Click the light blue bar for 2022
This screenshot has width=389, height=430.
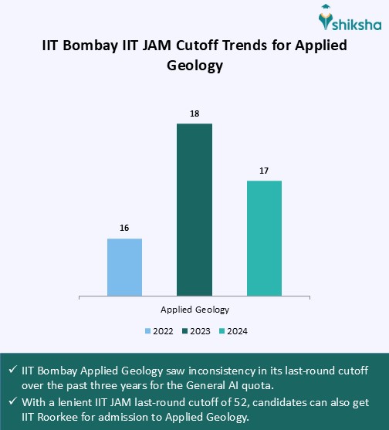click(124, 267)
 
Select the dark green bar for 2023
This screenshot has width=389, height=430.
click(194, 209)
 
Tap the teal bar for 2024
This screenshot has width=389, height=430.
click(264, 238)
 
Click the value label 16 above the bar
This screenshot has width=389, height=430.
click(124, 228)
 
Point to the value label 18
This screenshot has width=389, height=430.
click(194, 113)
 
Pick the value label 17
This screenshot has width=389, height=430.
click(264, 170)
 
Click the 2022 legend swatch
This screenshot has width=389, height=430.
click(148, 331)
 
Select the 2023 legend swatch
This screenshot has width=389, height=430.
click(185, 331)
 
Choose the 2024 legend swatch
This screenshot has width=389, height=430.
click(222, 331)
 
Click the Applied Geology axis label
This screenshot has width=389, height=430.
click(194, 310)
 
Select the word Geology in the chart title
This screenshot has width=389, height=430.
click(194, 66)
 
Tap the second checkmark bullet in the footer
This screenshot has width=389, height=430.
click(12, 403)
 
